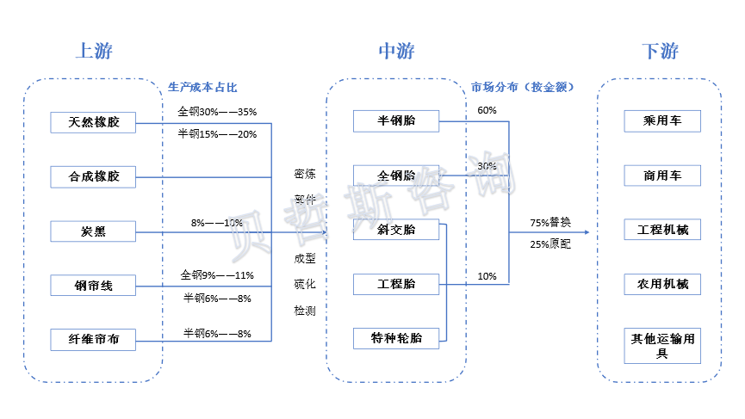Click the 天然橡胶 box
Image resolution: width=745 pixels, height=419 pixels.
(x=94, y=123)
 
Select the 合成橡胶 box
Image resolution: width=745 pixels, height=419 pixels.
(x=94, y=177)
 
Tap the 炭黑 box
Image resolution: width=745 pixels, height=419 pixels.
(x=94, y=231)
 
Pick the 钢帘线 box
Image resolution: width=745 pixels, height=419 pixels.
(x=94, y=286)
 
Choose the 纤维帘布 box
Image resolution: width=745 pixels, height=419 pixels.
(x=94, y=340)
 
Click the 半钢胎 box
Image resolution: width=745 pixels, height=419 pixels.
(x=396, y=121)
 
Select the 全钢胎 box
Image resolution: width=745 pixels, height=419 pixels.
(x=396, y=176)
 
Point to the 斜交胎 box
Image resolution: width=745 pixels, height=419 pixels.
(x=396, y=230)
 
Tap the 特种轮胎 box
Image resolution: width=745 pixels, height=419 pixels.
(x=396, y=339)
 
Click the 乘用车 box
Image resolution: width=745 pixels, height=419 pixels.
(x=662, y=121)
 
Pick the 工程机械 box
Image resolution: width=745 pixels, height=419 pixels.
(x=662, y=231)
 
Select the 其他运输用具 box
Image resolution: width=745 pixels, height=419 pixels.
(x=662, y=345)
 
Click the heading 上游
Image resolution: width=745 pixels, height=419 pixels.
(x=94, y=52)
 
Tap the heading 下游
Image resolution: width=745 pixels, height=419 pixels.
(x=661, y=52)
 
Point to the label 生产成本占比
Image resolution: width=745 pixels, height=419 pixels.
(x=202, y=88)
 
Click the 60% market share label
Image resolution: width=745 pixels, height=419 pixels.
(x=487, y=111)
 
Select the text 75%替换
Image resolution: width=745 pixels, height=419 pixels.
(x=550, y=223)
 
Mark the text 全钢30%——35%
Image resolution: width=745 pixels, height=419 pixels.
(x=217, y=112)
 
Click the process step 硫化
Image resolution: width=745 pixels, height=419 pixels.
(x=305, y=285)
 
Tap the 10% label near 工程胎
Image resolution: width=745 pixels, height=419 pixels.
(x=487, y=277)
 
